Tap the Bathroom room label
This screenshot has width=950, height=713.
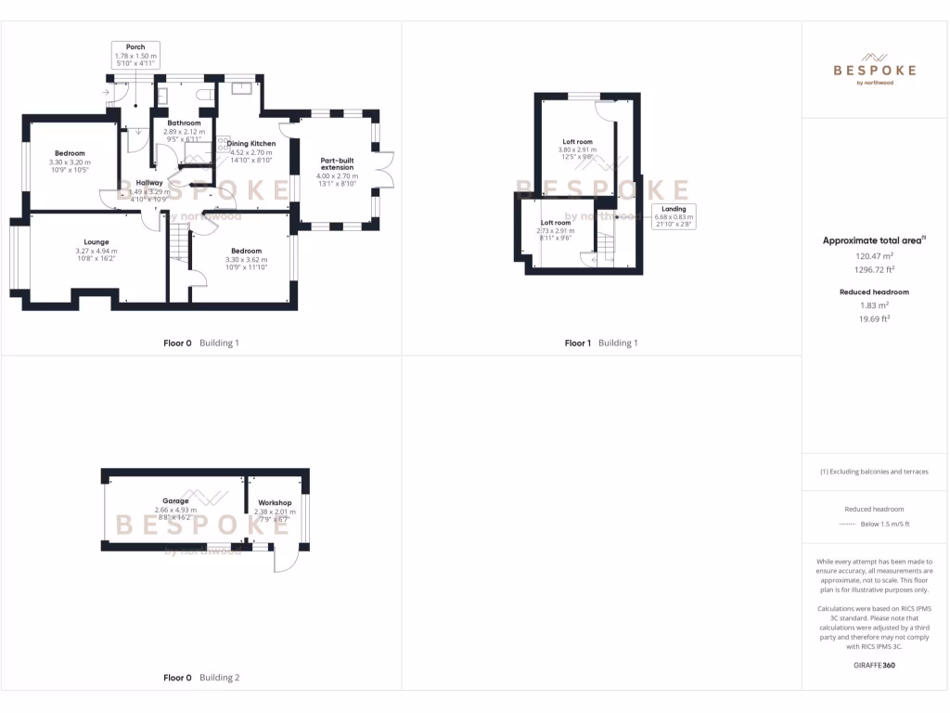(x=184, y=123)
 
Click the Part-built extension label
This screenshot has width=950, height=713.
(x=337, y=163)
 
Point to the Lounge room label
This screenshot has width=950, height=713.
(x=96, y=242)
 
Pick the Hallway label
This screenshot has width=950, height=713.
(x=149, y=183)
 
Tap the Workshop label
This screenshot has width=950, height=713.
(x=276, y=502)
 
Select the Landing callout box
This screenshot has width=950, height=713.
(x=674, y=215)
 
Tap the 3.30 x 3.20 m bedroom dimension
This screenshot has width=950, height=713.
(x=70, y=162)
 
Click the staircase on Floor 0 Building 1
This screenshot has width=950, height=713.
(x=178, y=247)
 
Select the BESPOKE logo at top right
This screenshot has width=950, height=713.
(x=874, y=69)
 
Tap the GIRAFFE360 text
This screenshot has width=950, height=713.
(x=873, y=665)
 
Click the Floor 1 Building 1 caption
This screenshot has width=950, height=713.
(x=601, y=344)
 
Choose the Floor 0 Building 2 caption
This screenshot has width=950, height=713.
(x=201, y=678)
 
